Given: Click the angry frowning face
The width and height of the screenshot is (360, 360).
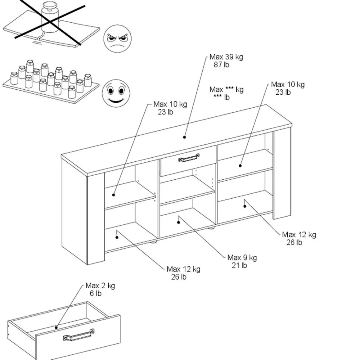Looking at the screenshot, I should point(117,38).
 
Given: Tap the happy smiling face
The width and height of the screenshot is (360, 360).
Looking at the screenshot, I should point(116,93).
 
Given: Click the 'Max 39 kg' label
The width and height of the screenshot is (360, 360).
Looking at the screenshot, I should point(226,57).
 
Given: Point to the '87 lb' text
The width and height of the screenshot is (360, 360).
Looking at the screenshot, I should point(221,65).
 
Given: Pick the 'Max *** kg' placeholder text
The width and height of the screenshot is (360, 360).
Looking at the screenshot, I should point(226,90).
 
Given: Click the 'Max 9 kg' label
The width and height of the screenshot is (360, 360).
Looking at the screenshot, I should point(242,258).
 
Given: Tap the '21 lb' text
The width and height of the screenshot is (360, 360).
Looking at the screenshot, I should point(239,265).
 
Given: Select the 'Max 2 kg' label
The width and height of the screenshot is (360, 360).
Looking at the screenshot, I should point(100,286).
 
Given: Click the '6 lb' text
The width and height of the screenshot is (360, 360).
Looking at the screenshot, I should point(96,293).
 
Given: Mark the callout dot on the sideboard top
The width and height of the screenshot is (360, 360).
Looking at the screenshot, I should point(184,137).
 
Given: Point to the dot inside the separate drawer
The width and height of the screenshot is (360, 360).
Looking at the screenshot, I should point(56,327).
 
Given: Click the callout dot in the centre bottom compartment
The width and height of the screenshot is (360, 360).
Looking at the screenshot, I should point(179,222).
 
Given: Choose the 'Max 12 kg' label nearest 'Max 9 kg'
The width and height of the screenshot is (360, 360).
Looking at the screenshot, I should point(183,269).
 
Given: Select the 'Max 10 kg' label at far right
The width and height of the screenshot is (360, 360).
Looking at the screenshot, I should point(288,84).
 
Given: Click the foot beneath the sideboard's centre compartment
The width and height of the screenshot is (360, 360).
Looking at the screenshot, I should point(211,228).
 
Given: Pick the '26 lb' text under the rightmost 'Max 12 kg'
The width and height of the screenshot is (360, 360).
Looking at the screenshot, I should point(294,242).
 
